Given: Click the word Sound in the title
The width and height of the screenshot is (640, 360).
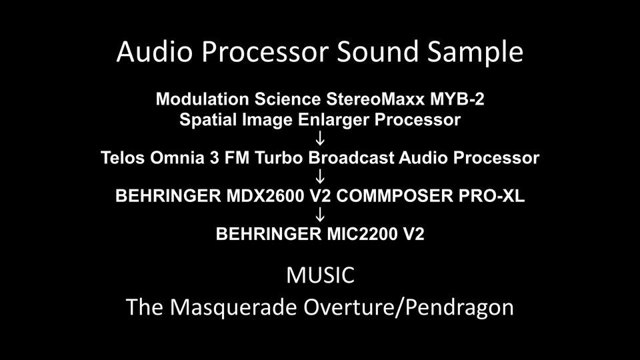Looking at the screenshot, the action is click(378, 51).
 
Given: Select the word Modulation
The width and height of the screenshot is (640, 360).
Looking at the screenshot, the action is click(203, 99).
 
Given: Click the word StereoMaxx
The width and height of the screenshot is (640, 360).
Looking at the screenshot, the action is click(375, 99).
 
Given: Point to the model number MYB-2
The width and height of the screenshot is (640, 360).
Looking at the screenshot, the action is click(457, 99).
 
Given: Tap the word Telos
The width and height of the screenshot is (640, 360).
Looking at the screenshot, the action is click(123, 158).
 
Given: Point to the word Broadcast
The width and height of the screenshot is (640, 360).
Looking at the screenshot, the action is click(351, 158).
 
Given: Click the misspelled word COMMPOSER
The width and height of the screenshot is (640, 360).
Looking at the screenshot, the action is click(394, 196).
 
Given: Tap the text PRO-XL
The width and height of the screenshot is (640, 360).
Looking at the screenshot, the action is click(491, 196).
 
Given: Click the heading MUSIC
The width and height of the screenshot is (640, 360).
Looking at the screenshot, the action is click(321, 275).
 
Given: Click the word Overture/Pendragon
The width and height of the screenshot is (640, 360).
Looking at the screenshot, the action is click(408, 307).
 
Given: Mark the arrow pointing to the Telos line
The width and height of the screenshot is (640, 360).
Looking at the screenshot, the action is click(321, 139).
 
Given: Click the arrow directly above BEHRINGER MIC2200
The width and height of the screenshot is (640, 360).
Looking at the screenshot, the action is click(321, 214).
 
